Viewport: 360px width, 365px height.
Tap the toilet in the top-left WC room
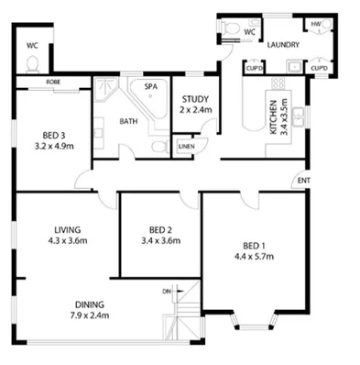33,63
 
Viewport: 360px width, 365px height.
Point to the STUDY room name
196,99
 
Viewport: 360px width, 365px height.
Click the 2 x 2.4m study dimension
196,110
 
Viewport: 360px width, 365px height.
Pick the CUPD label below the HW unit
319,68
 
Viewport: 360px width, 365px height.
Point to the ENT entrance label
302,182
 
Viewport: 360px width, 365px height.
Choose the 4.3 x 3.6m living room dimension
67,242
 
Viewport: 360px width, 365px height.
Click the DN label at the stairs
166,292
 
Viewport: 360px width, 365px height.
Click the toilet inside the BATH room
159,146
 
